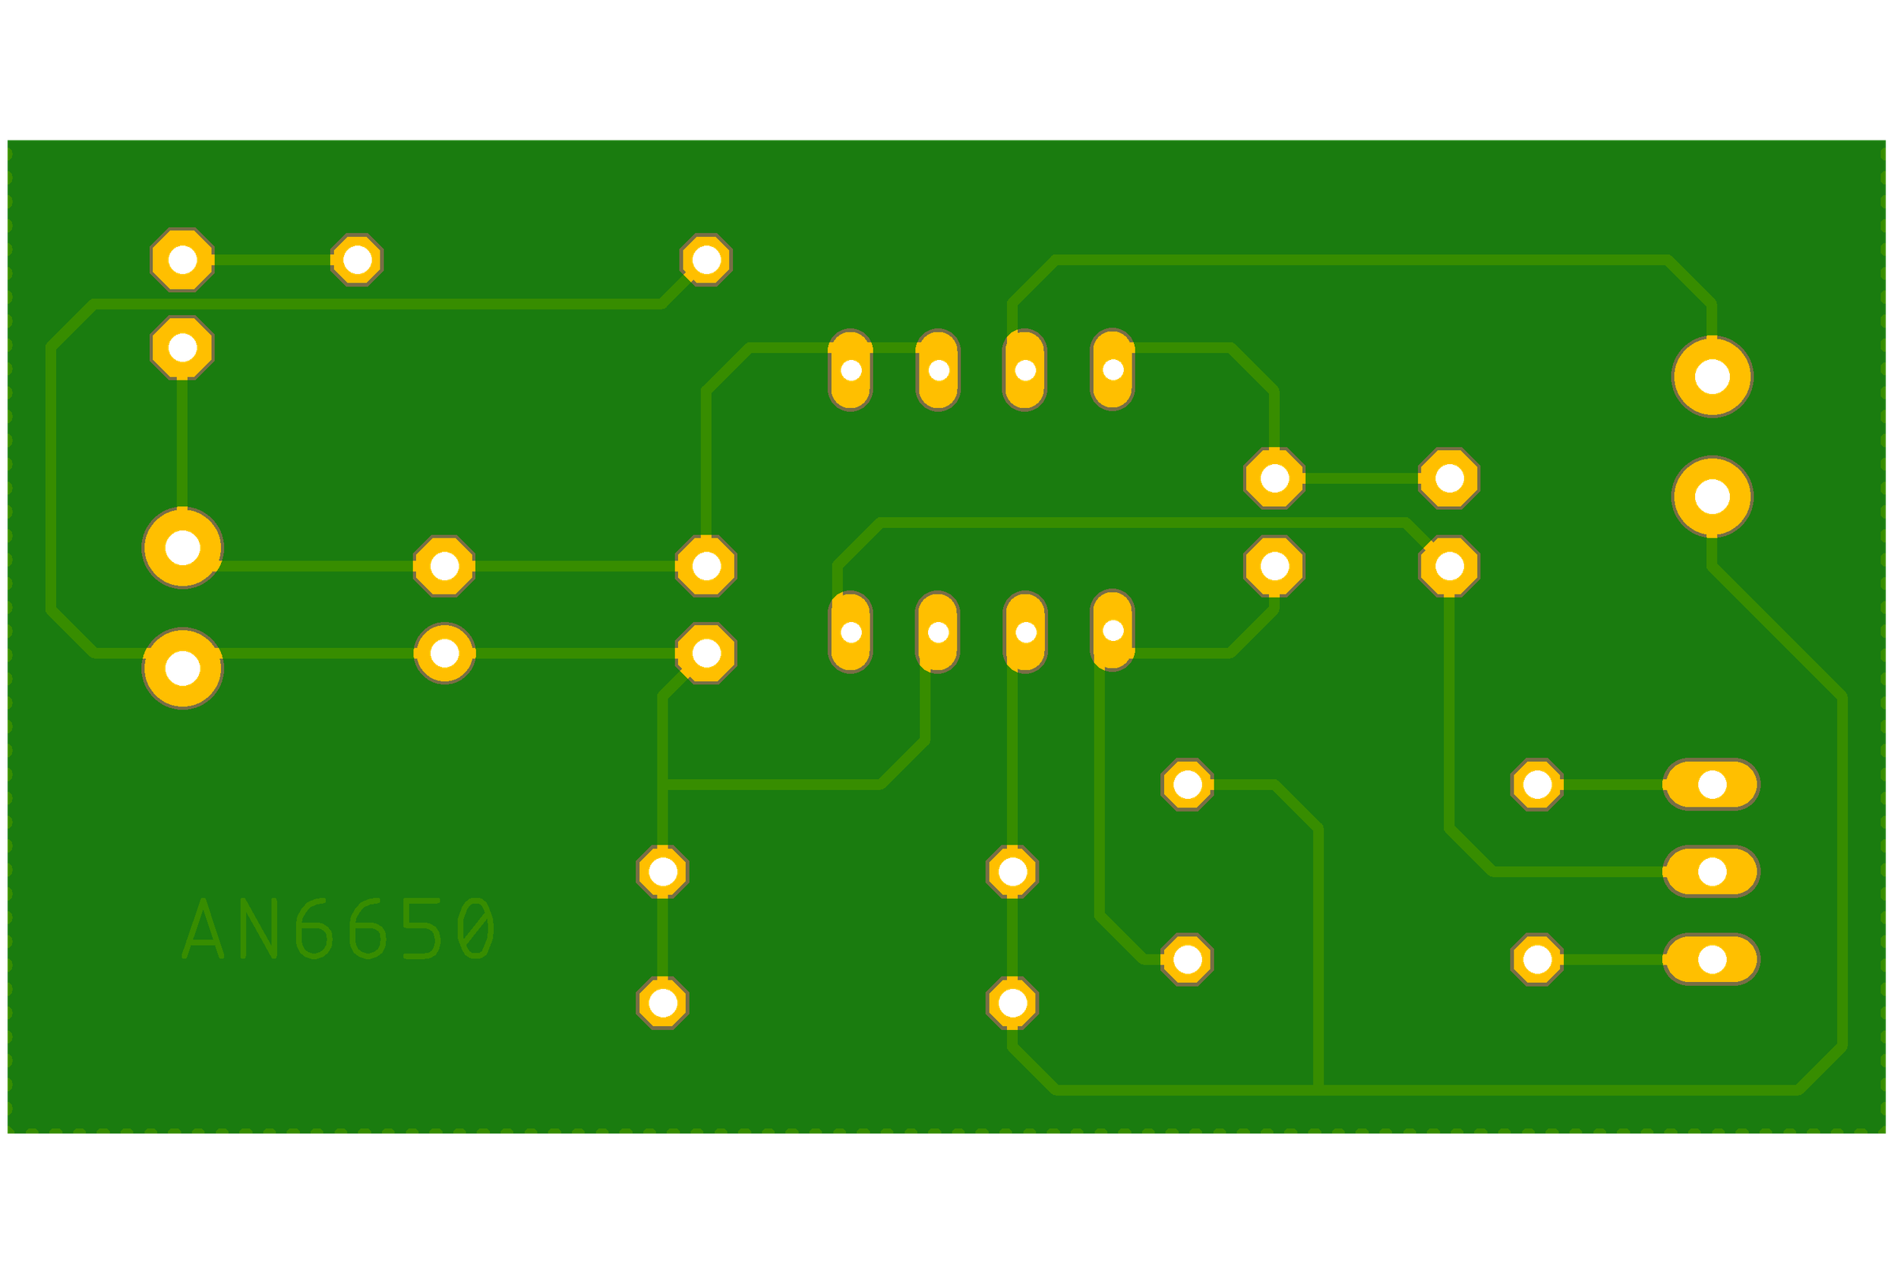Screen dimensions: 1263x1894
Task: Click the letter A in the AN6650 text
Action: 202,929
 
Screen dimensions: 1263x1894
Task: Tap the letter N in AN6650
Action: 260,929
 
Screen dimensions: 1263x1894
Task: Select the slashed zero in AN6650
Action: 476,929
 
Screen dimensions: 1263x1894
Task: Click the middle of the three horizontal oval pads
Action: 1711,871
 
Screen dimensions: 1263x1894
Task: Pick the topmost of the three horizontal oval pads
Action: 1711,784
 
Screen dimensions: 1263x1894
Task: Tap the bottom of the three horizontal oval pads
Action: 1711,959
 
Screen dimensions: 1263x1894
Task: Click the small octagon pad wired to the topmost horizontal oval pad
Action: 1537,784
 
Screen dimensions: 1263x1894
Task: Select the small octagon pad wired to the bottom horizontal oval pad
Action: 1537,959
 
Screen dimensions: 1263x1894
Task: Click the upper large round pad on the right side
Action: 1712,377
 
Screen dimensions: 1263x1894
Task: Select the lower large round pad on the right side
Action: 1712,497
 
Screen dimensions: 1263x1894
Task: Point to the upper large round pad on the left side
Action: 183,548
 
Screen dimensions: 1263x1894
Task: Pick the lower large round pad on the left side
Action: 183,668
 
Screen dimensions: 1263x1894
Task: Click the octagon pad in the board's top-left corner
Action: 183,260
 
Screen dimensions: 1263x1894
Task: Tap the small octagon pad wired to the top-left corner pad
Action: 357,260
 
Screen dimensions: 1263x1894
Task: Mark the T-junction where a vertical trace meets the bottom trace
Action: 1318,1090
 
